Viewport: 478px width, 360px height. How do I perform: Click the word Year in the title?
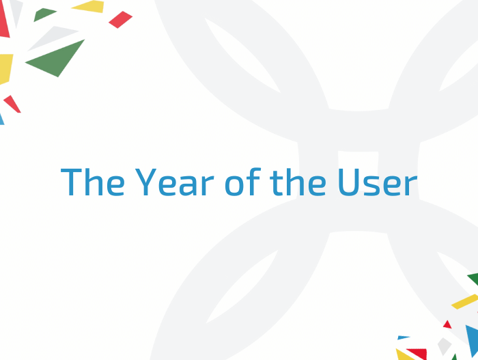pyautogui.click(x=175, y=182)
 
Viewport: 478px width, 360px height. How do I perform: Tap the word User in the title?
pyautogui.click(x=378, y=182)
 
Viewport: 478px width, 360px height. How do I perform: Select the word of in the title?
pyautogui.click(x=242, y=181)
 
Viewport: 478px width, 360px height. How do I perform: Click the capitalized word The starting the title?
pyautogui.click(x=93, y=181)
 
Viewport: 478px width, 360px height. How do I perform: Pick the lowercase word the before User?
pyautogui.click(x=298, y=182)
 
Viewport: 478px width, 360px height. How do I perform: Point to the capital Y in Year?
pyautogui.click(x=145, y=182)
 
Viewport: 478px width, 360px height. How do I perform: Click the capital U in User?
pyautogui.click(x=349, y=182)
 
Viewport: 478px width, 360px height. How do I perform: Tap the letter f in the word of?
pyautogui.click(x=254, y=181)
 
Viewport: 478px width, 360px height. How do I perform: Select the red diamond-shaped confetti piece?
pyautogui.click(x=121, y=20)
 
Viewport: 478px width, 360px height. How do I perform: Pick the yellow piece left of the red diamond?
pyautogui.click(x=88, y=7)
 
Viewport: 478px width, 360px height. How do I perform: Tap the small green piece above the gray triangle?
pyautogui.click(x=44, y=14)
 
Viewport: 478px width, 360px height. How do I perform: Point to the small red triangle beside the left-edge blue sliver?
pyautogui.click(x=12, y=104)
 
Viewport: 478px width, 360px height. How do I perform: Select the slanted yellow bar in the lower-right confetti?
pyautogui.click(x=464, y=301)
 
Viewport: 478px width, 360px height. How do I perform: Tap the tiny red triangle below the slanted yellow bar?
pyautogui.click(x=447, y=324)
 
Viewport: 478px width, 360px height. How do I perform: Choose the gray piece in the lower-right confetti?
pyautogui.click(x=444, y=346)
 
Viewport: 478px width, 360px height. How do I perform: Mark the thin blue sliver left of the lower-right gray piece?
pyautogui.click(x=403, y=337)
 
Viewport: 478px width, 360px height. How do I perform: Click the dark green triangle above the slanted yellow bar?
pyautogui.click(x=474, y=279)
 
